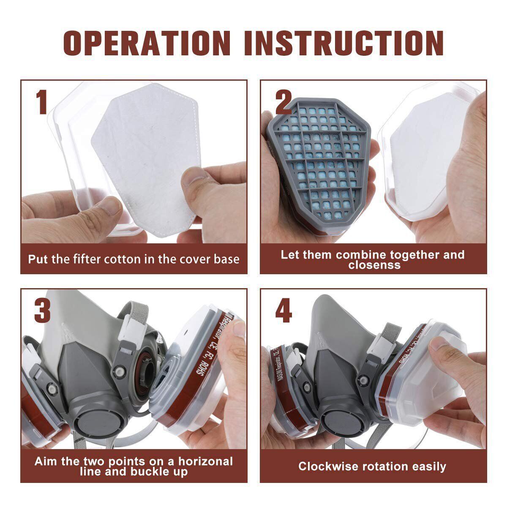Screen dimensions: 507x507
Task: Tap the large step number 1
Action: click(x=41, y=101)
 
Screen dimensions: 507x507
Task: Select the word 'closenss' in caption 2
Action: click(x=374, y=265)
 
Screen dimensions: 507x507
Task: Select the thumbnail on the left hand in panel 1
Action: click(x=111, y=206)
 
